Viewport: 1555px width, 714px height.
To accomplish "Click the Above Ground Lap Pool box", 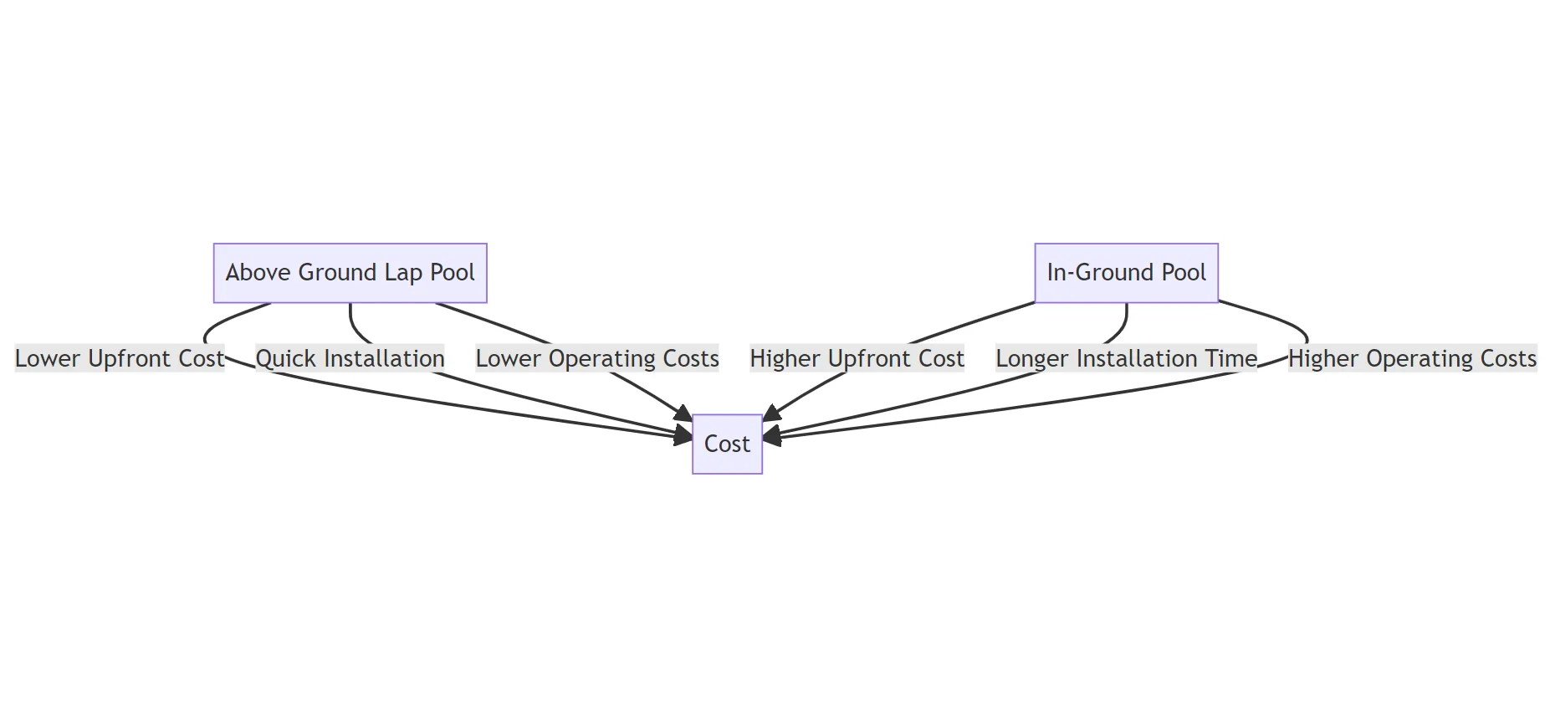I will [x=350, y=273].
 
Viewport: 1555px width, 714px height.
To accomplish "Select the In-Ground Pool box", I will [x=1126, y=273].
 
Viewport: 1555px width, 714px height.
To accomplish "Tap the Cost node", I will [x=727, y=444].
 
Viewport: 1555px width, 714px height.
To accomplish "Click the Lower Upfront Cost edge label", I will [x=120, y=359].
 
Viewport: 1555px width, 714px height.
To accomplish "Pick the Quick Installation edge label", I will [x=350, y=359].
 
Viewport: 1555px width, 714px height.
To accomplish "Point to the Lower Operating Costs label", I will [x=597, y=359].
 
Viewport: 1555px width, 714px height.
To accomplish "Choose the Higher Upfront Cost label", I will [x=857, y=359].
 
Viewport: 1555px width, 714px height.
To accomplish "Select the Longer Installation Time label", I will [x=1126, y=359].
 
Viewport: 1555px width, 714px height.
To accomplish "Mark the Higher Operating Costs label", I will [x=1412, y=359].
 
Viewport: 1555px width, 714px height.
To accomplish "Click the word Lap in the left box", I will [x=403, y=273].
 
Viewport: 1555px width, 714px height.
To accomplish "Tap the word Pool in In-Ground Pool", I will [x=1184, y=273].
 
